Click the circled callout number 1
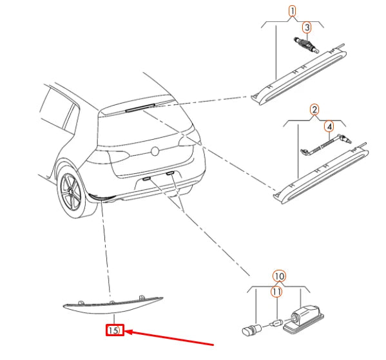293,12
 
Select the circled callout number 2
314,109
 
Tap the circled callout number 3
307,28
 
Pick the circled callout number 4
329,126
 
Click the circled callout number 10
280,276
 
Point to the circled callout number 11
276,292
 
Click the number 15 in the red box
113,330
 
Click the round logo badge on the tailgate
155,151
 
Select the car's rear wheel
72,191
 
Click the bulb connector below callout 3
306,45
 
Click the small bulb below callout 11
276,323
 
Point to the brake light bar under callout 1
298,75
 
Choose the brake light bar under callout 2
320,174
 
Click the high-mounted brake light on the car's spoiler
140,108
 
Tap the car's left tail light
108,157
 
